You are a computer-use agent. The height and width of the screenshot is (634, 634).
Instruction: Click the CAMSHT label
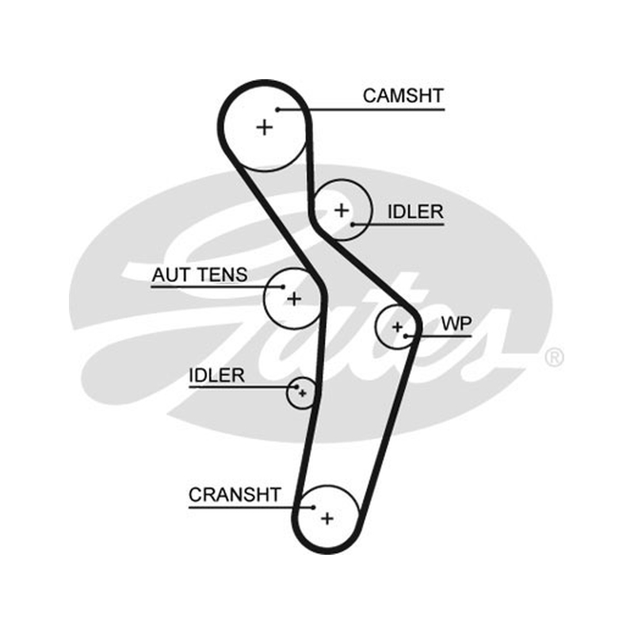(403, 96)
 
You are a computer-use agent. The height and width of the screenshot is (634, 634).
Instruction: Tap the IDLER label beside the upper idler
(415, 212)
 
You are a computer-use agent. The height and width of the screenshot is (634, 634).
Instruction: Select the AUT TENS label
(200, 275)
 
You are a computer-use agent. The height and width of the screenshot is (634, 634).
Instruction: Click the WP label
(456, 323)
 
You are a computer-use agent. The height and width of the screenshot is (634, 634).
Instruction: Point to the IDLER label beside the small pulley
(216, 376)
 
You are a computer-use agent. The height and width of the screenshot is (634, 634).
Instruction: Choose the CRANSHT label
(235, 495)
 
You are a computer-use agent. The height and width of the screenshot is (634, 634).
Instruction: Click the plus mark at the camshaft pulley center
(265, 128)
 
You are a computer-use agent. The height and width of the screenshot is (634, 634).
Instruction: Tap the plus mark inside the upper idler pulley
(342, 210)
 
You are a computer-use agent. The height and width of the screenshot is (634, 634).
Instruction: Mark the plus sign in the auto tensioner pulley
(294, 299)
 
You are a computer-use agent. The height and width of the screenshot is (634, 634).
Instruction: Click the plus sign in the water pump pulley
(398, 327)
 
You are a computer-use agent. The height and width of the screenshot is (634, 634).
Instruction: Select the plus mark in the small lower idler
(303, 393)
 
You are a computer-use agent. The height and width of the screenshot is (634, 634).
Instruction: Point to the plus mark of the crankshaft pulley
(327, 518)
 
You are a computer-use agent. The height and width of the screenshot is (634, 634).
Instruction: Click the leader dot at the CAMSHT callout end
(278, 109)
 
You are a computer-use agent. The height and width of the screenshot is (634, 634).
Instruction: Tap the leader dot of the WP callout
(406, 336)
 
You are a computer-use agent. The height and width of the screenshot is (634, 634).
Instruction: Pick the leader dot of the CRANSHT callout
(313, 507)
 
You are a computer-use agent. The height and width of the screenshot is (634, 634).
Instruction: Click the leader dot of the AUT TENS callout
(283, 287)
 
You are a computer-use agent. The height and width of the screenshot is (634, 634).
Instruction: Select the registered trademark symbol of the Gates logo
(554, 357)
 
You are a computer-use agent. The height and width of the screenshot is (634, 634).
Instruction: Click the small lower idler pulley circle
(287, 393)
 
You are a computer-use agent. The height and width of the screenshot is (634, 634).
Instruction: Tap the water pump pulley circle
(376, 327)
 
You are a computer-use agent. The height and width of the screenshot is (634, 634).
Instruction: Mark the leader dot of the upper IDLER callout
(353, 224)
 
